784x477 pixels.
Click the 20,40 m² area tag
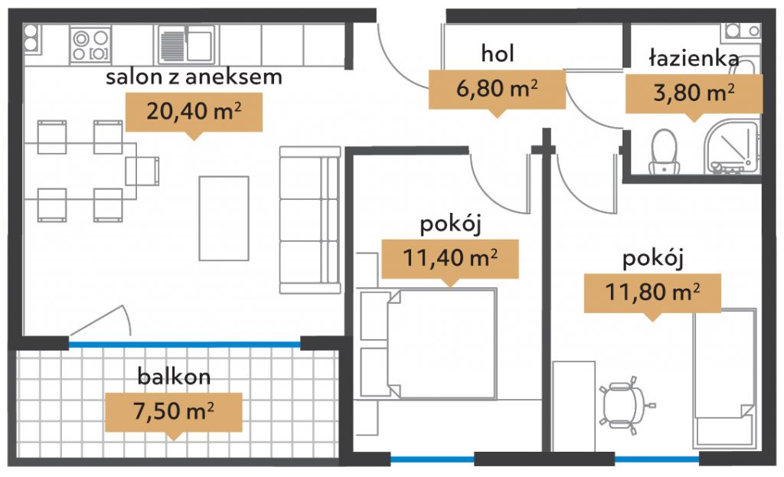click(x=194, y=113)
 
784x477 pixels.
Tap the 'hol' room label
click(x=498, y=54)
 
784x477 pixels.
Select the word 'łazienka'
click(x=694, y=57)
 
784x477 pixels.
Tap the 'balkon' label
click(x=174, y=377)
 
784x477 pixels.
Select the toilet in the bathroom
click(x=664, y=152)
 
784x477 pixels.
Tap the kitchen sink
click(x=187, y=44)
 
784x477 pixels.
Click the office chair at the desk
click(x=626, y=404)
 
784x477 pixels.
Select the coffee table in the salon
click(x=224, y=218)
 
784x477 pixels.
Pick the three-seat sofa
click(x=310, y=220)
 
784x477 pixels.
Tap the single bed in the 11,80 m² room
click(x=724, y=378)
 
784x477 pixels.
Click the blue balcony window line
click(x=185, y=345)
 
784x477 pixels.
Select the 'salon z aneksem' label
click(x=194, y=77)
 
